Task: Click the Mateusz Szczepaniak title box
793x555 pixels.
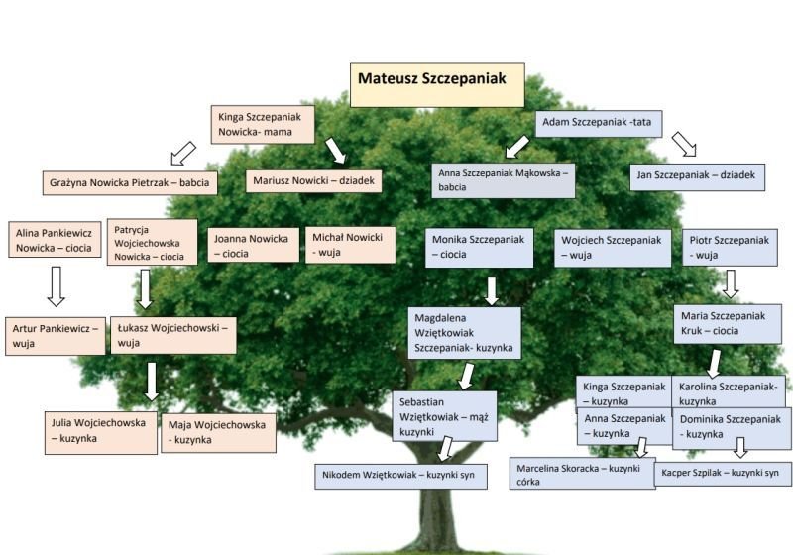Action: coord(437,84)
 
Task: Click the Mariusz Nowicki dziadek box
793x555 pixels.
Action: coord(312,181)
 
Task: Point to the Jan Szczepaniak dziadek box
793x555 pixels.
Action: coord(697,177)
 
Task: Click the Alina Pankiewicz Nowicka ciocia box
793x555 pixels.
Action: coord(56,240)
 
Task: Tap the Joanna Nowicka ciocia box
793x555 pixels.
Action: coord(252,245)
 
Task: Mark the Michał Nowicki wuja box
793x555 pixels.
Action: coord(350,245)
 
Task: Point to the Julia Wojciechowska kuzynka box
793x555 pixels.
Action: coord(101,431)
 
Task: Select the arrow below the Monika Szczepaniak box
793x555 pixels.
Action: coord(491,290)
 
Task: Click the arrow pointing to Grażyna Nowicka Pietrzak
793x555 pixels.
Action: coord(182,153)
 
